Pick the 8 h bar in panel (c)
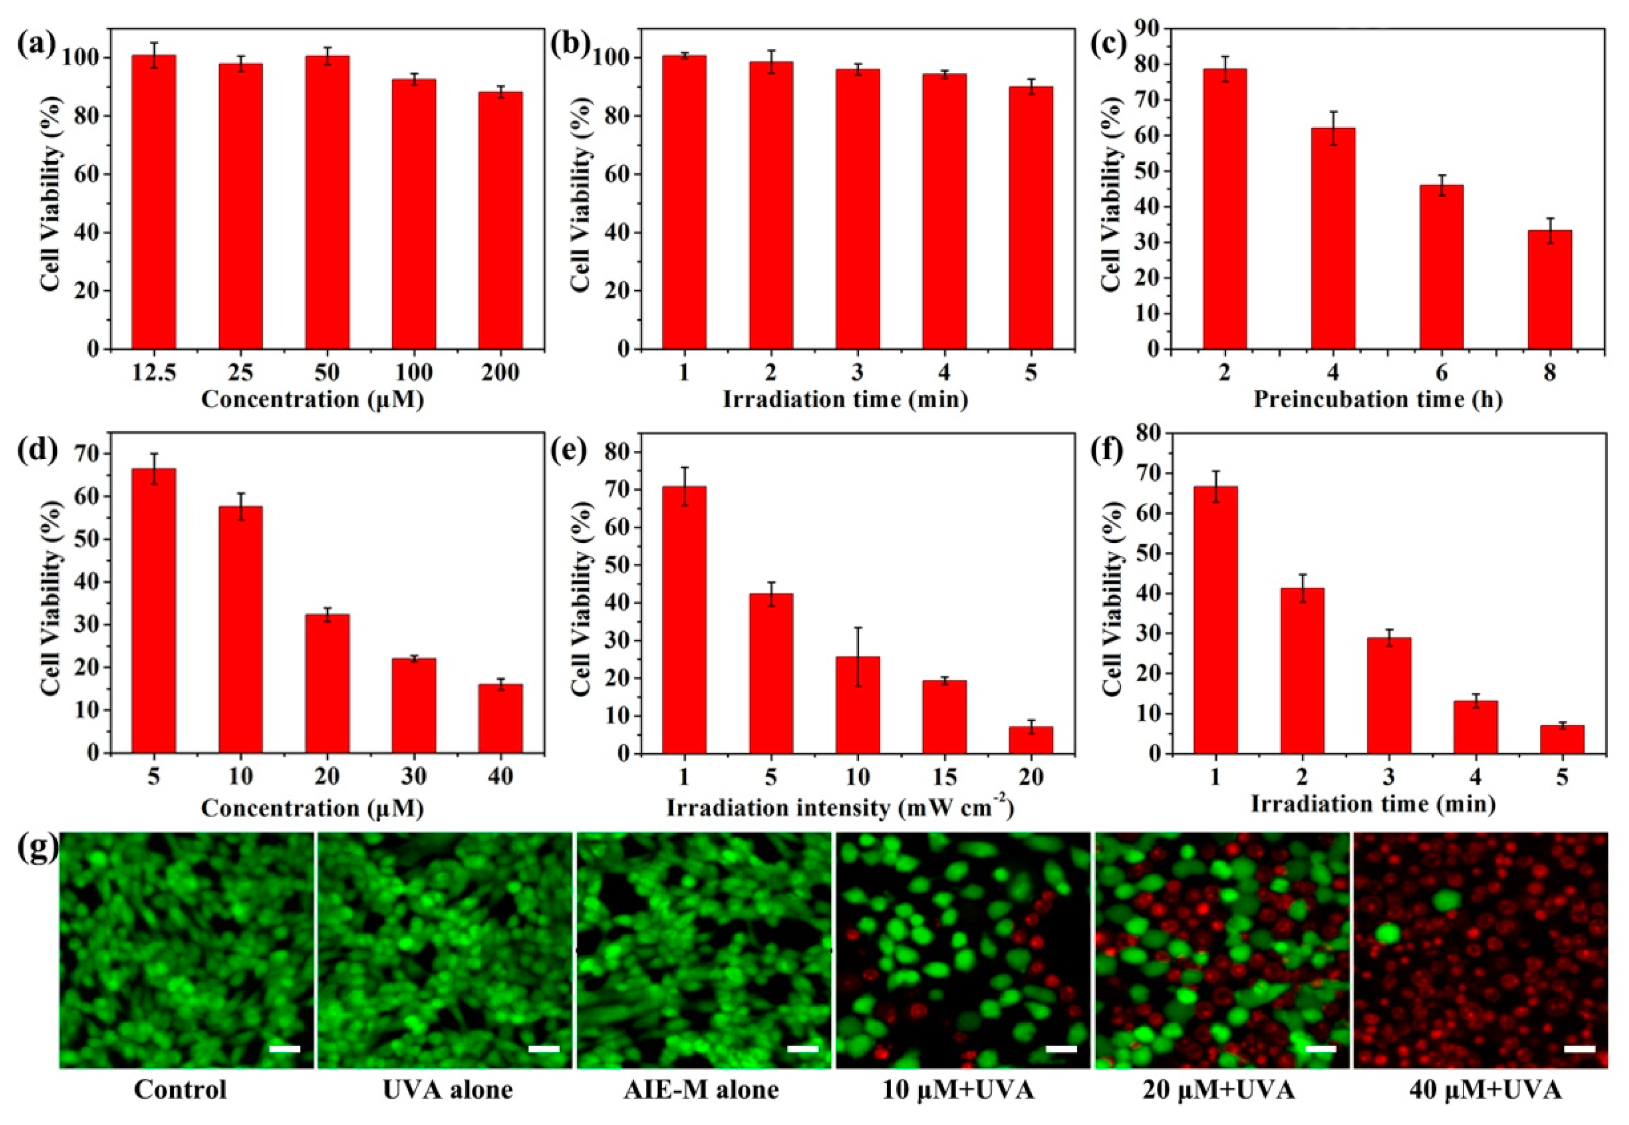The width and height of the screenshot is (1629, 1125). pos(1549,289)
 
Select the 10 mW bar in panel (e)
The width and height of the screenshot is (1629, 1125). pos(858,705)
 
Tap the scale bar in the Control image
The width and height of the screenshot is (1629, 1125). pos(284,1049)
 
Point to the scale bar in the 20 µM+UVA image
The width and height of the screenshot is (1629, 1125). pos(1321,1049)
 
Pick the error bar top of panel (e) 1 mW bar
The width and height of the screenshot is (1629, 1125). pos(684,467)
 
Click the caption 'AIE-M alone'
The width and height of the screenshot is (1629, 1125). pos(701,1090)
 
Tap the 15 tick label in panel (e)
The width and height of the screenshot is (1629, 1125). pos(944,776)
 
